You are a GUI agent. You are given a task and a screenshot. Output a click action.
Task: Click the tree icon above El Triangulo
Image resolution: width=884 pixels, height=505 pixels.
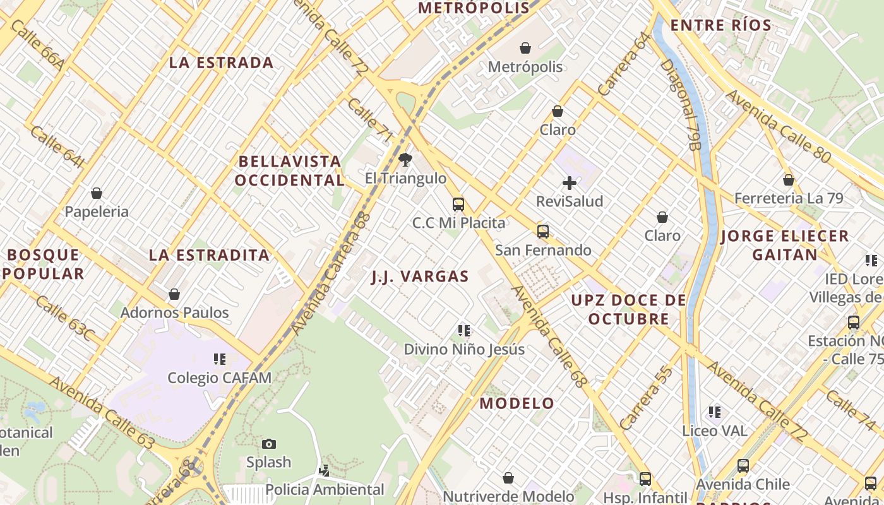click(x=405, y=160)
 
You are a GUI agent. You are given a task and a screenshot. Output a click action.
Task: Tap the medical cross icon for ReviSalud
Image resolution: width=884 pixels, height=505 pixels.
click(x=570, y=183)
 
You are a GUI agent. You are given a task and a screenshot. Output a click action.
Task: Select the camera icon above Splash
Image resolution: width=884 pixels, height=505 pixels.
click(x=269, y=444)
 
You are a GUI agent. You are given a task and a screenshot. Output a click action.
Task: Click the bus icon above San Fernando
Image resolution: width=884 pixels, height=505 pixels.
click(x=543, y=232)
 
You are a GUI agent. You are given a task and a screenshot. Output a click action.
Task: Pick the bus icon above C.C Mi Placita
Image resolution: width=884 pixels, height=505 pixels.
click(x=458, y=204)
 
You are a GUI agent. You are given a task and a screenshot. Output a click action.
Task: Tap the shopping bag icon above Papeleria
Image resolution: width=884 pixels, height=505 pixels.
click(x=97, y=193)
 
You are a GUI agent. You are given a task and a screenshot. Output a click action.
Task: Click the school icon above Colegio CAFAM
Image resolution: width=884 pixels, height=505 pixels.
click(x=219, y=359)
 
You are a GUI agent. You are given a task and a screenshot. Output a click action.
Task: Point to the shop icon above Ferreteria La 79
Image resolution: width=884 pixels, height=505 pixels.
click(x=789, y=180)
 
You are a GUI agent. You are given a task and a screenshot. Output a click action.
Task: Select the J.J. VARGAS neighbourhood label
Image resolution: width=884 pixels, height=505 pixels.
click(x=420, y=276)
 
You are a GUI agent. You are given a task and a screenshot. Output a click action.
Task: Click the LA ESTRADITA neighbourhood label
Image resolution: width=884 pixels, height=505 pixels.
click(x=210, y=256)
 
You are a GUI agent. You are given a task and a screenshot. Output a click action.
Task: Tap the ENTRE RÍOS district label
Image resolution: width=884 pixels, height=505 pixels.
click(x=720, y=26)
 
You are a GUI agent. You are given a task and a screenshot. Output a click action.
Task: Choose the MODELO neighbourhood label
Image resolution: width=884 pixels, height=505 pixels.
click(x=517, y=403)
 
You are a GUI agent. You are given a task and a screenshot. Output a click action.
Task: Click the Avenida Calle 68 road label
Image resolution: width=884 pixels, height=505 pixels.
click(x=549, y=335)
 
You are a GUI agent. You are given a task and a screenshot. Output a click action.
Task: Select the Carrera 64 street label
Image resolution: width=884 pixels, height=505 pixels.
click(x=623, y=64)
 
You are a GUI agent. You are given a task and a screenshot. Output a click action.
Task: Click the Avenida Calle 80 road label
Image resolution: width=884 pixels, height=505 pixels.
click(x=778, y=126)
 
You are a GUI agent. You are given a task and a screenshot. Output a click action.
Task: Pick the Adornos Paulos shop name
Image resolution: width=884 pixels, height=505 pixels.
click(x=174, y=312)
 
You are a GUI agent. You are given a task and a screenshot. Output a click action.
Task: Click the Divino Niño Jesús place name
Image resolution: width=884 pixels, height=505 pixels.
click(x=464, y=349)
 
